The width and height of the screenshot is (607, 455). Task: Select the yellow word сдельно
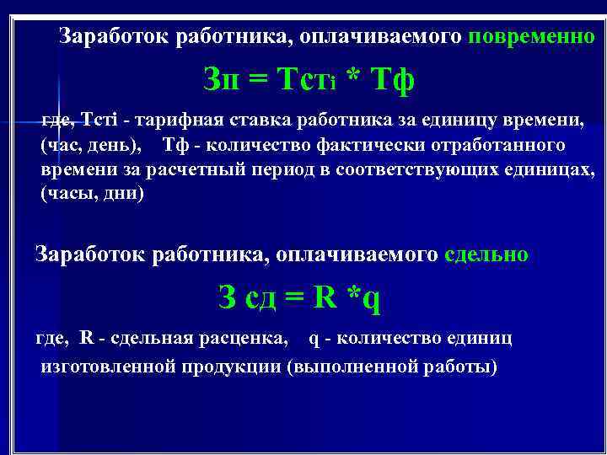486,254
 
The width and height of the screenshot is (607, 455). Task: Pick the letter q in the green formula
372,298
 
